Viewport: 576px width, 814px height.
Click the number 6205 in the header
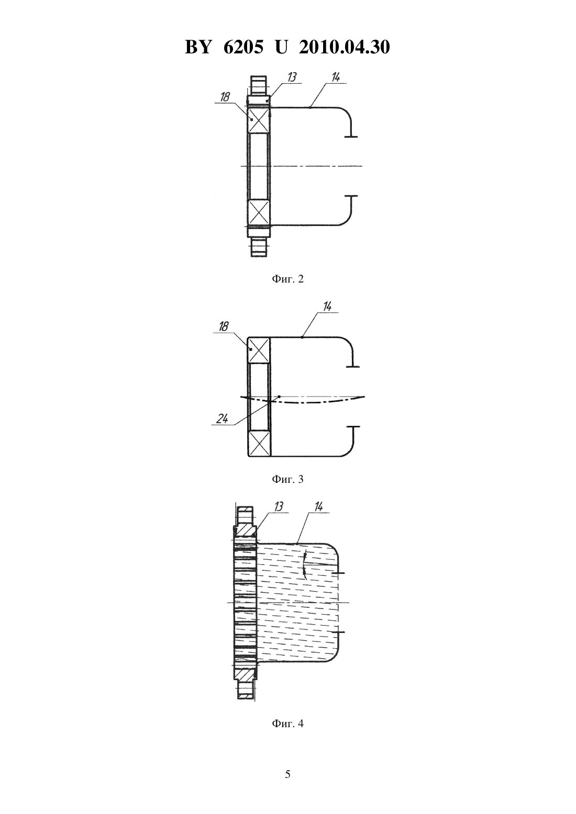pos(243,47)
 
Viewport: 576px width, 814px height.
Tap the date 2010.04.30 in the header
pos(345,47)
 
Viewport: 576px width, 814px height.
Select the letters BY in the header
pos(198,47)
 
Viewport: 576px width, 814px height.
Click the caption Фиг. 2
pos(287,279)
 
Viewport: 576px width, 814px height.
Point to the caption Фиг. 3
pos(287,479)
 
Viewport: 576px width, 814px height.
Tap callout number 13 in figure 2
pos(292,77)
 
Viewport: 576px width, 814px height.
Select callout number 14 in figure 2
pos(336,77)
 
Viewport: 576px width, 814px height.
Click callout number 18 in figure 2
pos(225,97)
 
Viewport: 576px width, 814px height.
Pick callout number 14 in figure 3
pos(327,307)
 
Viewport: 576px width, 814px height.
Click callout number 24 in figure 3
pos(222,419)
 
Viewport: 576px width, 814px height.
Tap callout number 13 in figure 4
pos(279,506)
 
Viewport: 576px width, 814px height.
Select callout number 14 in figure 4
pos(318,506)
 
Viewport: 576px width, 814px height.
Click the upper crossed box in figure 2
pos(259,120)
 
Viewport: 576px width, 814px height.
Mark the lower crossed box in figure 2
pos(259,212)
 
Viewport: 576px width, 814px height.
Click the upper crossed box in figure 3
pos(259,350)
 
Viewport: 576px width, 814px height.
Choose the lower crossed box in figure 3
pos(259,443)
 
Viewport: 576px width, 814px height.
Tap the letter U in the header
pos(282,47)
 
